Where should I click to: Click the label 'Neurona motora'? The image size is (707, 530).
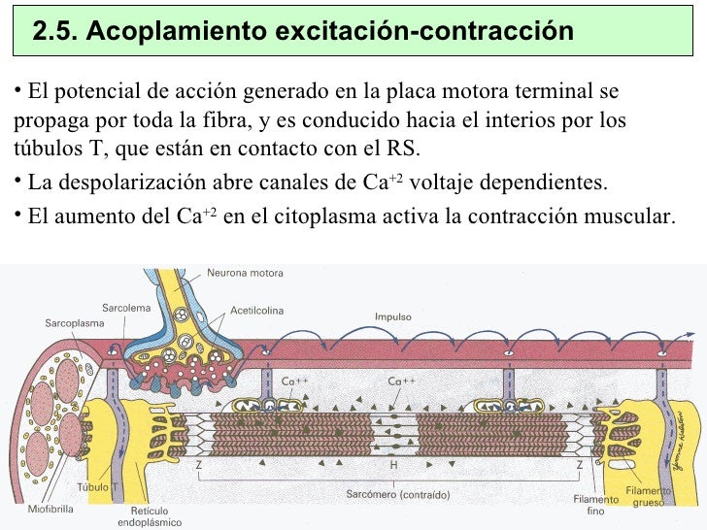245,273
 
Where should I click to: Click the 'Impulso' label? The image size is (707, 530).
393,316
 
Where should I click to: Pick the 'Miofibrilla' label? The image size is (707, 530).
45,508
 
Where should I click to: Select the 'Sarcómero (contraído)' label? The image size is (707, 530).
397,495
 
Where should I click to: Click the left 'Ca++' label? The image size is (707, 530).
294,381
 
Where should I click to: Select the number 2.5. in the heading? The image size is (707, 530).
54,32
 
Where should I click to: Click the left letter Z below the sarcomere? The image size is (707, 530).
198,465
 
